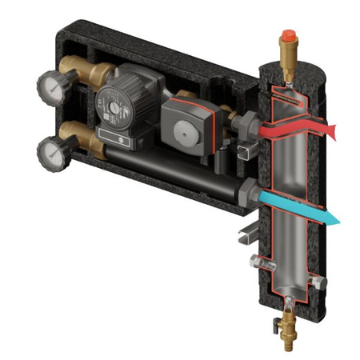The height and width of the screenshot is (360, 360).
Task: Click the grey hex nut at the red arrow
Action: click(249, 126)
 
